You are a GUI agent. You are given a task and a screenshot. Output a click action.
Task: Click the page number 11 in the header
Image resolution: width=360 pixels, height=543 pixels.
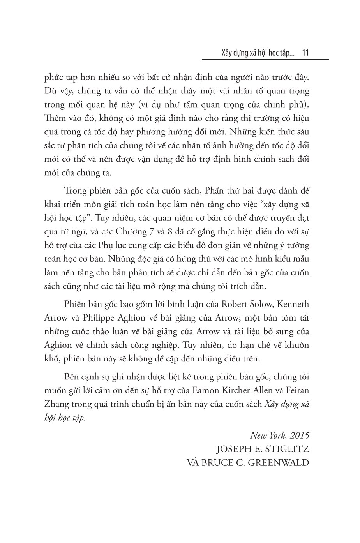305,53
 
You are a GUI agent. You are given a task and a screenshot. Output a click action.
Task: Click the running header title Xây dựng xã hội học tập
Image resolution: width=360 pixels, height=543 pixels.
252,53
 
